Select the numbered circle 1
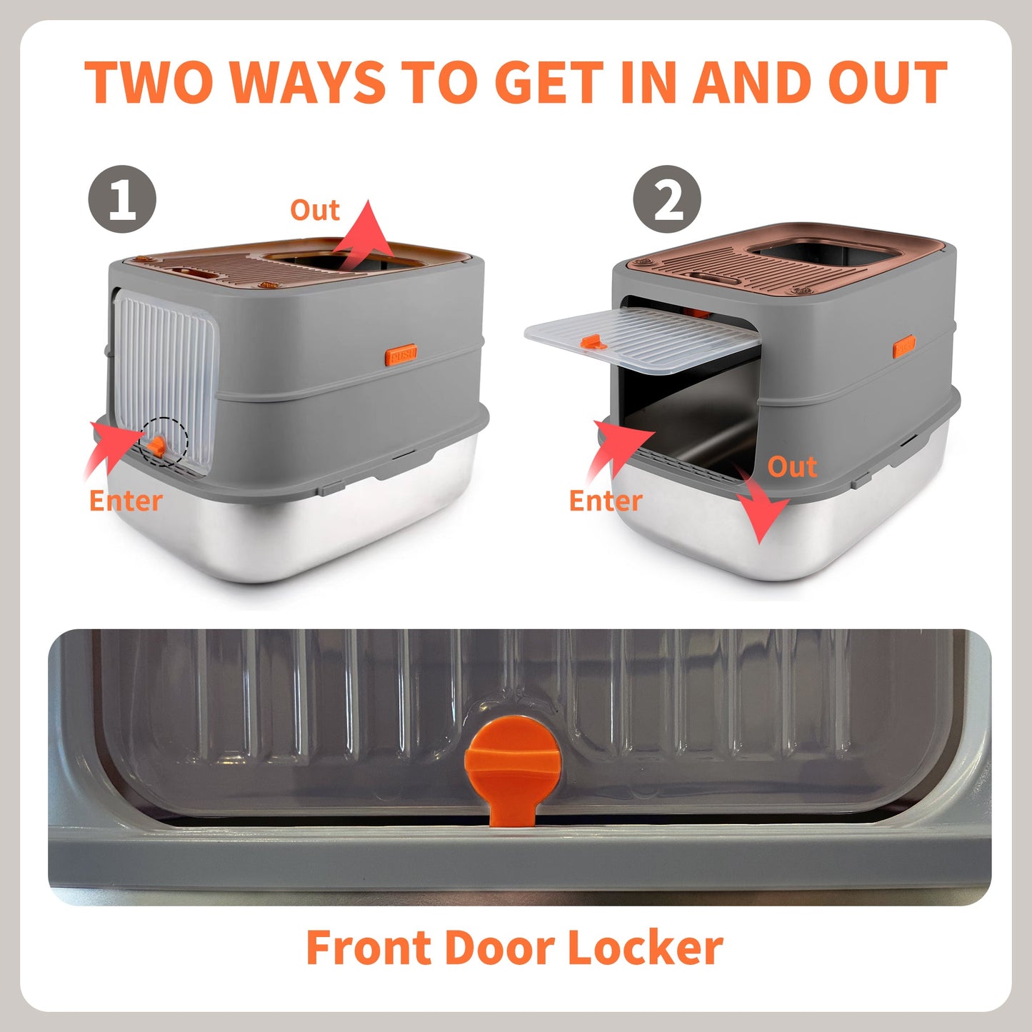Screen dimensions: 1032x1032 (122, 199)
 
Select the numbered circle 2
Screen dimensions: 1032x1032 (667, 199)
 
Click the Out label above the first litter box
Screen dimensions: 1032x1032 (314, 210)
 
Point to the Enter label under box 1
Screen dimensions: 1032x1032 (126, 501)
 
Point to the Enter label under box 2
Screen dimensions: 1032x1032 (606, 501)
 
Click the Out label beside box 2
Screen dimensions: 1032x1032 (792, 466)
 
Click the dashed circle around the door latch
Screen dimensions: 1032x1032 (164, 442)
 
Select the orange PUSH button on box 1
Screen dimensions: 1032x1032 (401, 354)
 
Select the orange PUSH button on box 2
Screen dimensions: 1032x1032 (903, 347)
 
